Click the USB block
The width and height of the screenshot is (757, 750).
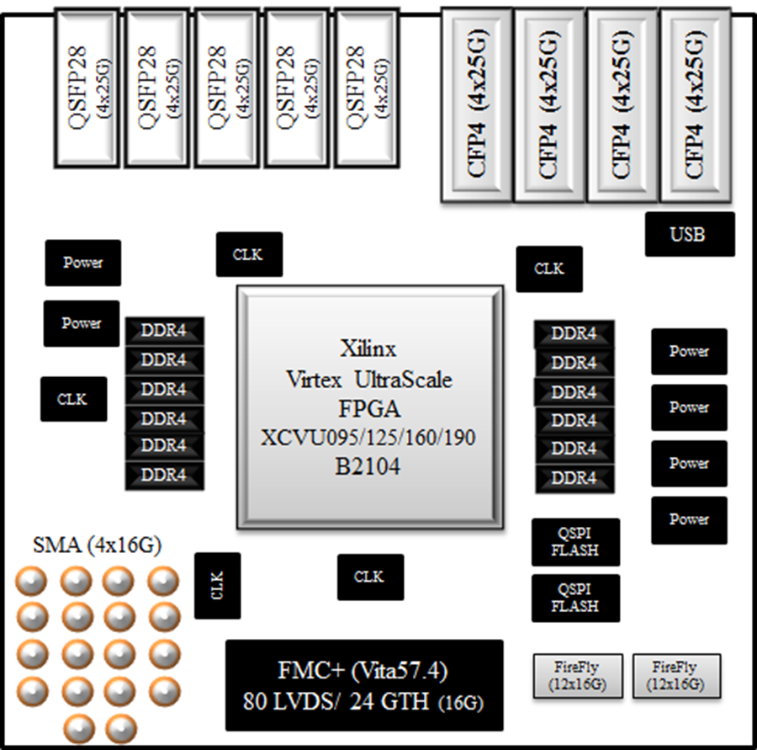coord(690,234)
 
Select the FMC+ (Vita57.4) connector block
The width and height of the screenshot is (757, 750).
coord(364,685)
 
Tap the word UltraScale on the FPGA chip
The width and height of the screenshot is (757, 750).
coord(404,380)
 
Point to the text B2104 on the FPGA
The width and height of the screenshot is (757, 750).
coord(368,467)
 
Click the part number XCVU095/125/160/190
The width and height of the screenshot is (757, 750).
coord(368,438)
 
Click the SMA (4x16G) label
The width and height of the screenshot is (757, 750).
coord(97,545)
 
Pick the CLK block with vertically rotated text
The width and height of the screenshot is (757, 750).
coord(218,586)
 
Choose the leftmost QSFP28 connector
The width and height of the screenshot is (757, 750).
coord(87,88)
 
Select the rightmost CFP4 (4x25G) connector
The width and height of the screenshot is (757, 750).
coord(696,105)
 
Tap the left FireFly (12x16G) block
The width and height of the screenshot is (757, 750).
coord(578,676)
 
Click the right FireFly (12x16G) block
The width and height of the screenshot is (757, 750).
coord(677,676)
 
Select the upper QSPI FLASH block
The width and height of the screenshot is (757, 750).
coord(575,542)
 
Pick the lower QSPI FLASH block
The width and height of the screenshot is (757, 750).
coord(575,598)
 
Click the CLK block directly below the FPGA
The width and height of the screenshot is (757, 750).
coord(370,577)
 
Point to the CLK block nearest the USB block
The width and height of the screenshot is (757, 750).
coord(549,269)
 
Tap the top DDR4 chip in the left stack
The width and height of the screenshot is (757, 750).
coord(165,331)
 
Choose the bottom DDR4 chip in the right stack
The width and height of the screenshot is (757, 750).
coord(574,478)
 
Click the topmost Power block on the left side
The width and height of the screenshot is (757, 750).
coord(83,263)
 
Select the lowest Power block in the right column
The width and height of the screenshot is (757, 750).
coord(689,520)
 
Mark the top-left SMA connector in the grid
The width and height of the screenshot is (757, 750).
coord(32,580)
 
